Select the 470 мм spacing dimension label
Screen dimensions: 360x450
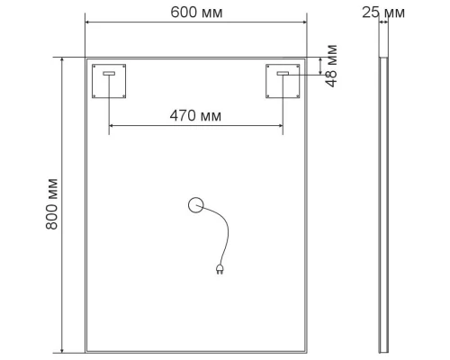pyautogui.click(x=194, y=115)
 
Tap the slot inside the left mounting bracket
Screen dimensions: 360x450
pyautogui.click(x=110, y=74)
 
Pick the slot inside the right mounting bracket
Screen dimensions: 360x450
pyautogui.click(x=283, y=74)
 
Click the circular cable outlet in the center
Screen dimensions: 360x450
pyautogui.click(x=196, y=206)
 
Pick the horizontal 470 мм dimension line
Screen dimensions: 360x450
pyautogui.click(x=144, y=129)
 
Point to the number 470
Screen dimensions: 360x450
pyautogui.click(x=183, y=115)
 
